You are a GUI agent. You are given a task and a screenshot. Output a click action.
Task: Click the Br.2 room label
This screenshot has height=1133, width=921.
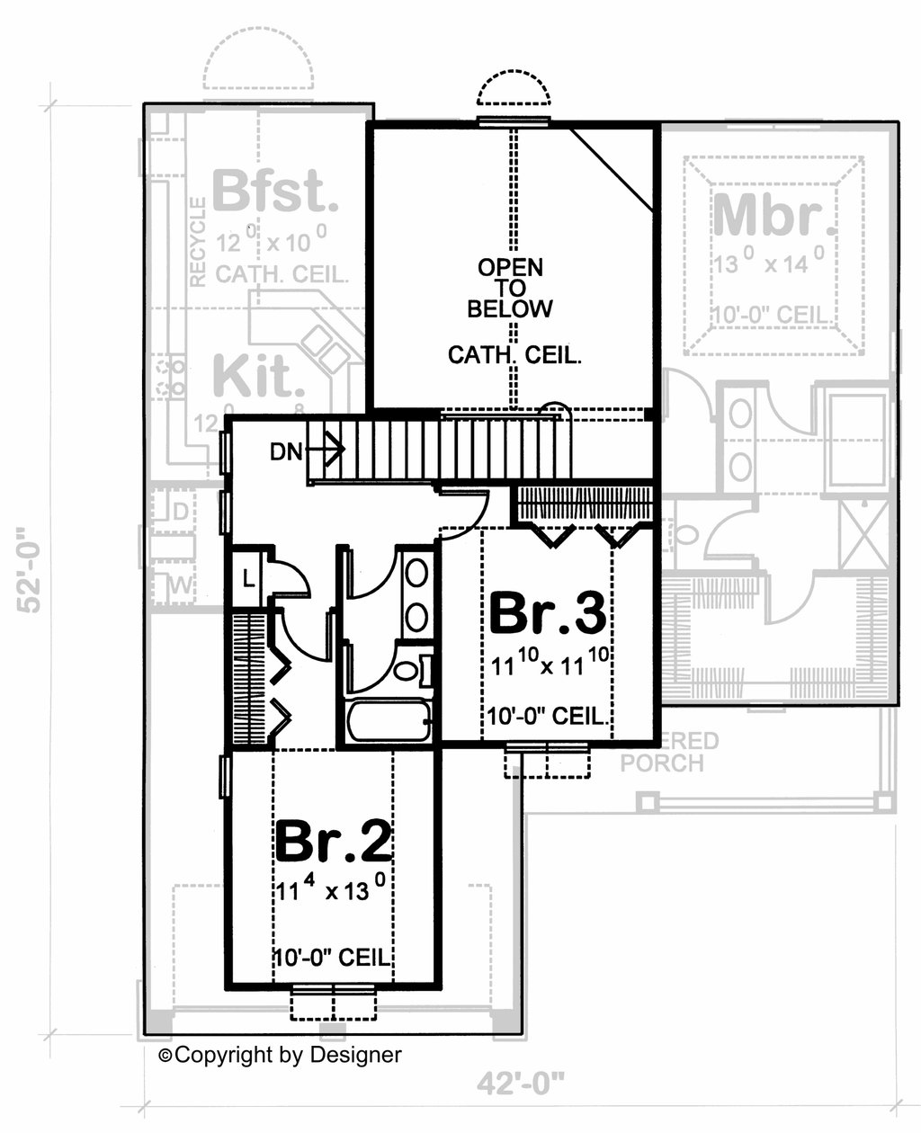[334, 842]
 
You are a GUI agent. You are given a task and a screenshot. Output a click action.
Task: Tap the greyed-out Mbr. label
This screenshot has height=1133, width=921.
[770, 216]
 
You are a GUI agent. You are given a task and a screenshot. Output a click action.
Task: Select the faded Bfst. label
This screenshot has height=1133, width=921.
[275, 192]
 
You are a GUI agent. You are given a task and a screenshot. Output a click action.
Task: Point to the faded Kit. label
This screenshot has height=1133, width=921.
[256, 377]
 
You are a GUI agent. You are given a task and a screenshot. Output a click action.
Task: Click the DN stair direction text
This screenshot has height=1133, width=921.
[286, 452]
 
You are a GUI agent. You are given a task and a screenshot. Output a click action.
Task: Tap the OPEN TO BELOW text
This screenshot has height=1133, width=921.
[510, 288]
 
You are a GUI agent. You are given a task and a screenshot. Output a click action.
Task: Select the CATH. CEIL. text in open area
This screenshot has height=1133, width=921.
[514, 355]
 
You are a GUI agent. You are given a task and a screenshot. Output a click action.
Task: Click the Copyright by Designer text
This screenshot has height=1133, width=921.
[281, 1055]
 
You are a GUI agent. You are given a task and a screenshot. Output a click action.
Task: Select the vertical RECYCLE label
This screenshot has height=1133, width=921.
[198, 243]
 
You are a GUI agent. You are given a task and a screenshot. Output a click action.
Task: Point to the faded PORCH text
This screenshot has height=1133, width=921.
[661, 763]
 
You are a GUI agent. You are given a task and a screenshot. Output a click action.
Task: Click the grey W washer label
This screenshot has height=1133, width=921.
[180, 586]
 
